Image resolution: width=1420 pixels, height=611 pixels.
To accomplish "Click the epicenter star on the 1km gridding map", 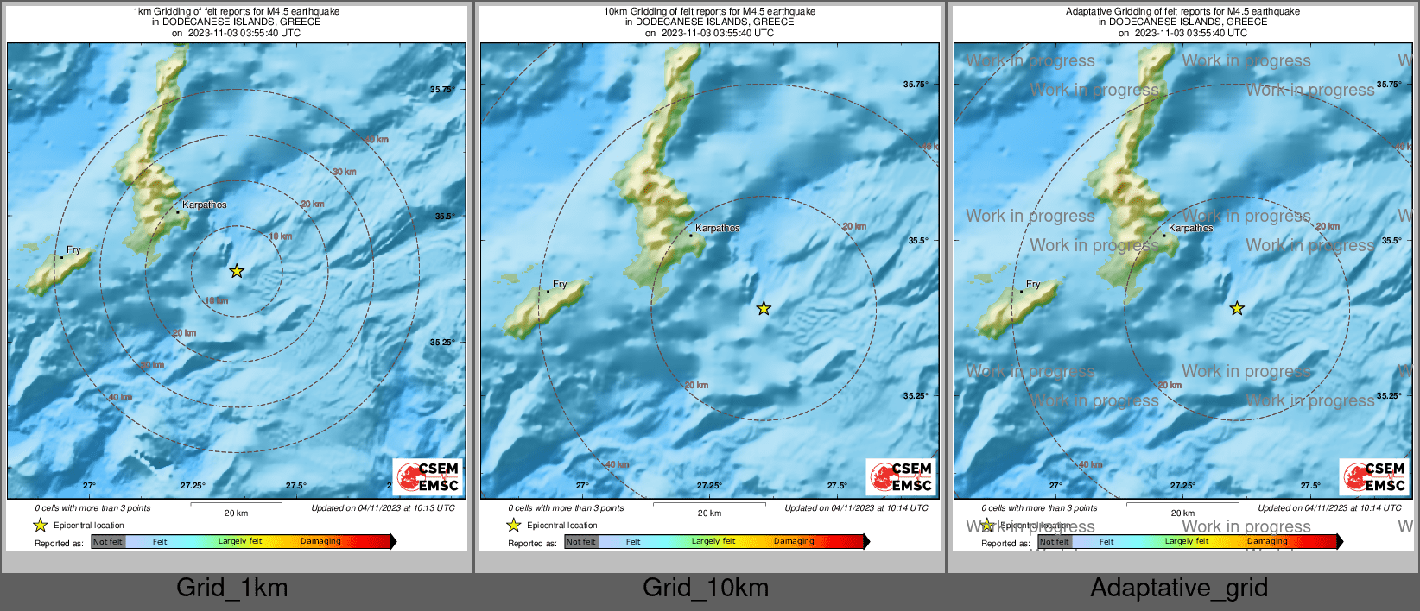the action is [237, 271].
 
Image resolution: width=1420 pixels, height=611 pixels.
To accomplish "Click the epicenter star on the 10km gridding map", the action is [764, 308].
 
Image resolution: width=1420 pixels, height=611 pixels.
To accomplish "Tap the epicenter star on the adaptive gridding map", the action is [1237, 308].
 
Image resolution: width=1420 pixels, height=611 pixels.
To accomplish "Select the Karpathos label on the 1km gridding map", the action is [205, 205].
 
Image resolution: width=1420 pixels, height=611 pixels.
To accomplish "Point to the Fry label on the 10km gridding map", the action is [560, 284].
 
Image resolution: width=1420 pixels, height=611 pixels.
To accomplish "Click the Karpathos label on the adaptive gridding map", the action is [1191, 228].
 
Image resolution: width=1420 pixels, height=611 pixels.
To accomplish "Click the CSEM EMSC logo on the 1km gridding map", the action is [428, 476].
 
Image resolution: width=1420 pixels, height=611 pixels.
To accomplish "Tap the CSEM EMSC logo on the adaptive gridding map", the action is [1375, 476].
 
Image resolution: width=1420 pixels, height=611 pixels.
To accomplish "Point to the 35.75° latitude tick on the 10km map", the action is [916, 84].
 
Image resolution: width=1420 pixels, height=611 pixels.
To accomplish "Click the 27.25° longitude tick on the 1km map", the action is [193, 485].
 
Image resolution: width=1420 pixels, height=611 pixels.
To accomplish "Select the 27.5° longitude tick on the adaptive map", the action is [1310, 485].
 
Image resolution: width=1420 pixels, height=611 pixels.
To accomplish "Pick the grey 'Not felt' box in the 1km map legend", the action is [108, 542].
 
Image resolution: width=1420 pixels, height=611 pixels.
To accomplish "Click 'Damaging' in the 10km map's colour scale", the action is [794, 541].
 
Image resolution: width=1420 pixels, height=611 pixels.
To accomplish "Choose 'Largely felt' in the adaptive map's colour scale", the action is [1187, 541].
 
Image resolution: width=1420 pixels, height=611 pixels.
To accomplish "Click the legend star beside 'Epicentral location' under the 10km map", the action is [514, 525].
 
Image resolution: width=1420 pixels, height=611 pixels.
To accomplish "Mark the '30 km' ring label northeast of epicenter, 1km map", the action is [345, 172].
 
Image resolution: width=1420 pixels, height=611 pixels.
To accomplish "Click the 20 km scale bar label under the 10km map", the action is [709, 513].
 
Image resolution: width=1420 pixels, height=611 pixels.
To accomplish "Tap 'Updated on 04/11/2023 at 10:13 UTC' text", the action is [383, 507].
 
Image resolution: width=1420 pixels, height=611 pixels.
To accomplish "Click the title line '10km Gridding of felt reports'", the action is [709, 11].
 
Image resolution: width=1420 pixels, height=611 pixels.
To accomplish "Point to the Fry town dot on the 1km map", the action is [61, 257].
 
